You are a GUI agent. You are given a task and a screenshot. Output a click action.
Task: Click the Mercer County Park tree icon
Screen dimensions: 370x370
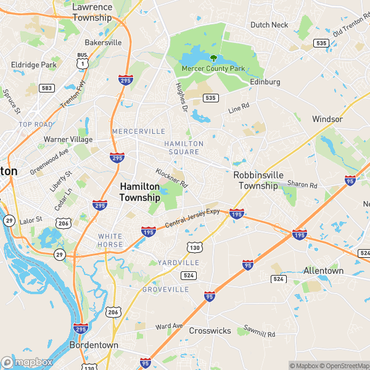click(213, 59)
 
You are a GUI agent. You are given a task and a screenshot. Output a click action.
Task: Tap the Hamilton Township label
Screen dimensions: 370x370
click(139, 191)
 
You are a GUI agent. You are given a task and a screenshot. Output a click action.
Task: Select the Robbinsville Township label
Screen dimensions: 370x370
click(258, 180)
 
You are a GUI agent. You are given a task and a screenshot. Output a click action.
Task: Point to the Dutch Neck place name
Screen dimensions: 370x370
click(269, 25)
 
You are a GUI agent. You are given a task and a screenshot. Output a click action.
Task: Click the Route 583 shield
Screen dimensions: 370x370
click(46, 88)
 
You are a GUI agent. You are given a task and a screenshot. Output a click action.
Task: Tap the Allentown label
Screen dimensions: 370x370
click(323, 271)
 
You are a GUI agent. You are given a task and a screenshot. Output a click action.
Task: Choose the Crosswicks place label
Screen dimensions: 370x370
click(210, 331)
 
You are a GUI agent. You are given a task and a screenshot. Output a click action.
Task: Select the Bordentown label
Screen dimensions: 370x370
click(94, 345)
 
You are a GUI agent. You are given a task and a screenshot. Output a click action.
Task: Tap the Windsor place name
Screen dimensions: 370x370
click(327, 119)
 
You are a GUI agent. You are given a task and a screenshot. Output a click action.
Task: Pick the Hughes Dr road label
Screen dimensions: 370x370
click(181, 97)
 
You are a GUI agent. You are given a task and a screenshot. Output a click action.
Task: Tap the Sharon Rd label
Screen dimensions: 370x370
click(302, 184)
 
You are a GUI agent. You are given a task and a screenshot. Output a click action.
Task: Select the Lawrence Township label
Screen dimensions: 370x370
click(92, 12)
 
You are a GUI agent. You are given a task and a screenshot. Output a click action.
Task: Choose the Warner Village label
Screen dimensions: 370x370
click(68, 139)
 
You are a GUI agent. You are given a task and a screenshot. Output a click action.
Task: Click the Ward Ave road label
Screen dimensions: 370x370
click(170, 326)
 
